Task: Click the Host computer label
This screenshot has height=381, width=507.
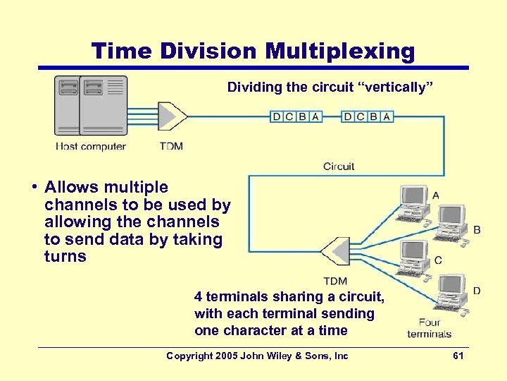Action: click(91, 147)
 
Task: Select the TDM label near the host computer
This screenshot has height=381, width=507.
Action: click(170, 147)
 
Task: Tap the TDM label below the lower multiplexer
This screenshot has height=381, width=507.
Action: click(335, 282)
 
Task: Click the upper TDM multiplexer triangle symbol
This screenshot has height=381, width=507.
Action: click(172, 116)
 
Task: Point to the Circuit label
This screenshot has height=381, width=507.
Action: click(339, 167)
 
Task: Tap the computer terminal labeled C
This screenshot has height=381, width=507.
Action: click(413, 259)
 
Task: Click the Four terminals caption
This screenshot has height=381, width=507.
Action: click(429, 328)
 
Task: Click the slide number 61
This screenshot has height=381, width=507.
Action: click(458, 356)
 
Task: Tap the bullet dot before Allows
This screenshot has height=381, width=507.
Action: click(33, 188)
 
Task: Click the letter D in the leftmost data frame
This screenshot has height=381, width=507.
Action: click(277, 116)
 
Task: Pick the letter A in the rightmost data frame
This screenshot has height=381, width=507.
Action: click(387, 116)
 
